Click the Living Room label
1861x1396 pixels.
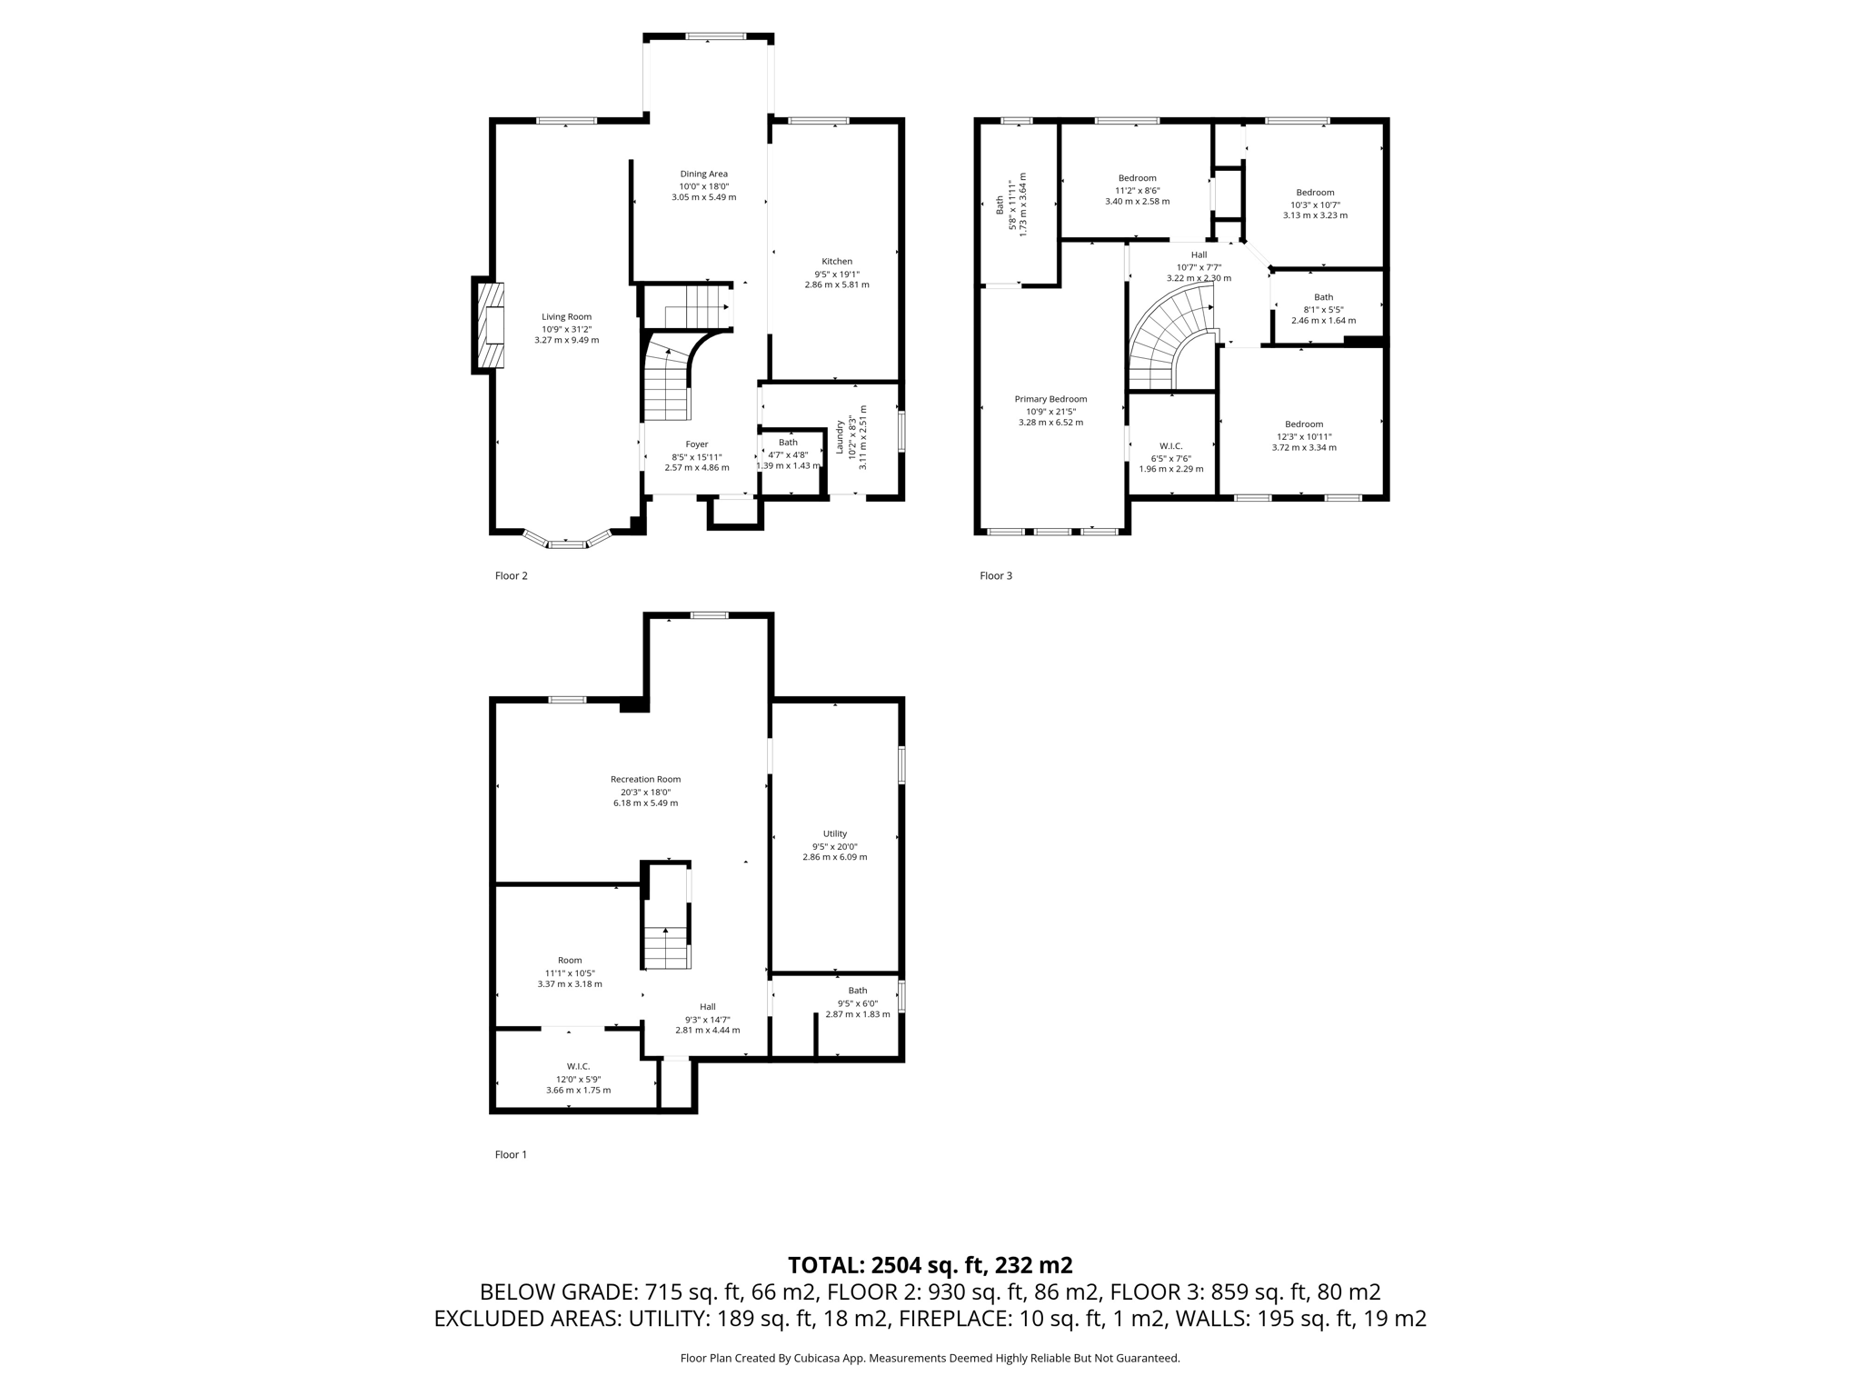coord(566,317)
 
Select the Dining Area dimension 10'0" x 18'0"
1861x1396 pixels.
coord(703,185)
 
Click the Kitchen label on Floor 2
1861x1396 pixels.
coord(836,262)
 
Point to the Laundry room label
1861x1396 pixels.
coord(840,436)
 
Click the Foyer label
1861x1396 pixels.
coord(696,444)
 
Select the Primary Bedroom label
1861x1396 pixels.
coord(1050,399)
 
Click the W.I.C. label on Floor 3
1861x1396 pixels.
coord(1170,446)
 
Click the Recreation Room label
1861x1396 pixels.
coord(645,779)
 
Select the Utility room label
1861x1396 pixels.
coord(834,833)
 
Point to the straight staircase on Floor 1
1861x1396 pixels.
coord(667,945)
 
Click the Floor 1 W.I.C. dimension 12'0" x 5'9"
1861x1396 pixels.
coord(578,1079)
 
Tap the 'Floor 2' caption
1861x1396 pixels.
coord(511,575)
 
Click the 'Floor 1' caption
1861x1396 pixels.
coord(511,1154)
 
